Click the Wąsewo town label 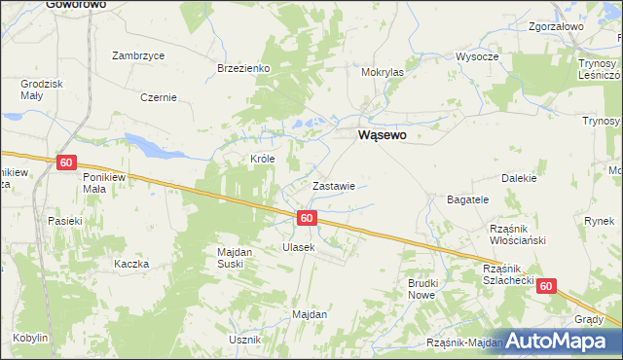point(383,137)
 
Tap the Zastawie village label point(333,185)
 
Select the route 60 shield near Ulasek point(307,218)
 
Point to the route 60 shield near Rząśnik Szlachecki point(546,286)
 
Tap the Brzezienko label point(243,68)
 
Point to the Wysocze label point(477,56)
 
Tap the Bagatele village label point(467,198)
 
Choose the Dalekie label point(519,178)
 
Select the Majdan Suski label point(235,258)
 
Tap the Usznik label point(244,340)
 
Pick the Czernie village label point(158,97)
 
